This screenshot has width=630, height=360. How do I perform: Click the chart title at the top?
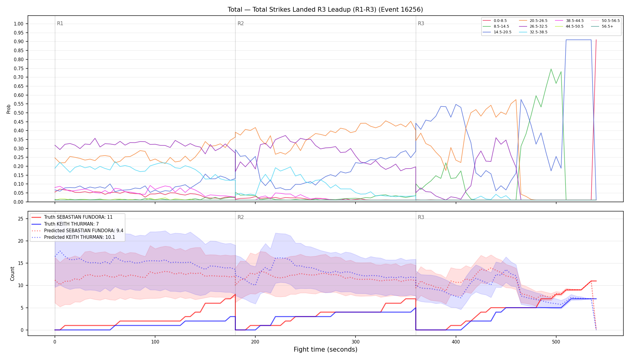(325, 10)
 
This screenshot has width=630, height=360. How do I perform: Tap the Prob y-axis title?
(9, 109)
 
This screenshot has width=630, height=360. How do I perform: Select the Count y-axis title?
(12, 274)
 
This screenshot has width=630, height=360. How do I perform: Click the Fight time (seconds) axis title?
(325, 349)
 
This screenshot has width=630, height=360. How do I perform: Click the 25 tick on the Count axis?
(20, 219)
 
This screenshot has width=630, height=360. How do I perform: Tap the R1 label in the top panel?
(60, 23)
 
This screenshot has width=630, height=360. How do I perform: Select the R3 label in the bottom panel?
(421, 217)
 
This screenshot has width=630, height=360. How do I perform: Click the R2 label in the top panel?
(241, 23)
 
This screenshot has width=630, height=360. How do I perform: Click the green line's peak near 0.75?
(551, 69)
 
